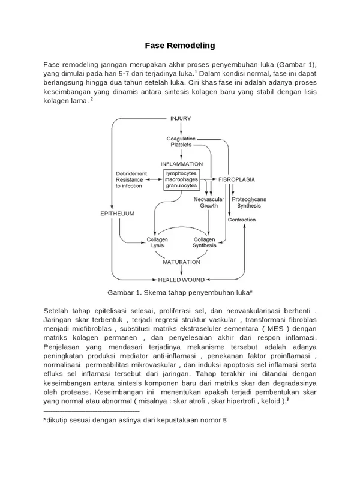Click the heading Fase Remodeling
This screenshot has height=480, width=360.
180,46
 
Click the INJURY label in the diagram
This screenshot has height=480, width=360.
180,119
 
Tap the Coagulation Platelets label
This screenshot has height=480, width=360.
181,142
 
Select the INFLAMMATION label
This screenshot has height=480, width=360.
181,163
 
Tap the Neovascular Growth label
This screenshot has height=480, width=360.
208,202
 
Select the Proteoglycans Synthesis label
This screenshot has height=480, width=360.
251,202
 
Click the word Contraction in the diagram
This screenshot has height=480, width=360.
243,220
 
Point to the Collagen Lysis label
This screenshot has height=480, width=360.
157,242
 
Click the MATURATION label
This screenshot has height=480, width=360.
181,262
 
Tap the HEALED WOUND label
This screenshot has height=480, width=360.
181,280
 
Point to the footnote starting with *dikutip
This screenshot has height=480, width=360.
135,421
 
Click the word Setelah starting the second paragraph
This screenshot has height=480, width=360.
57,310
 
